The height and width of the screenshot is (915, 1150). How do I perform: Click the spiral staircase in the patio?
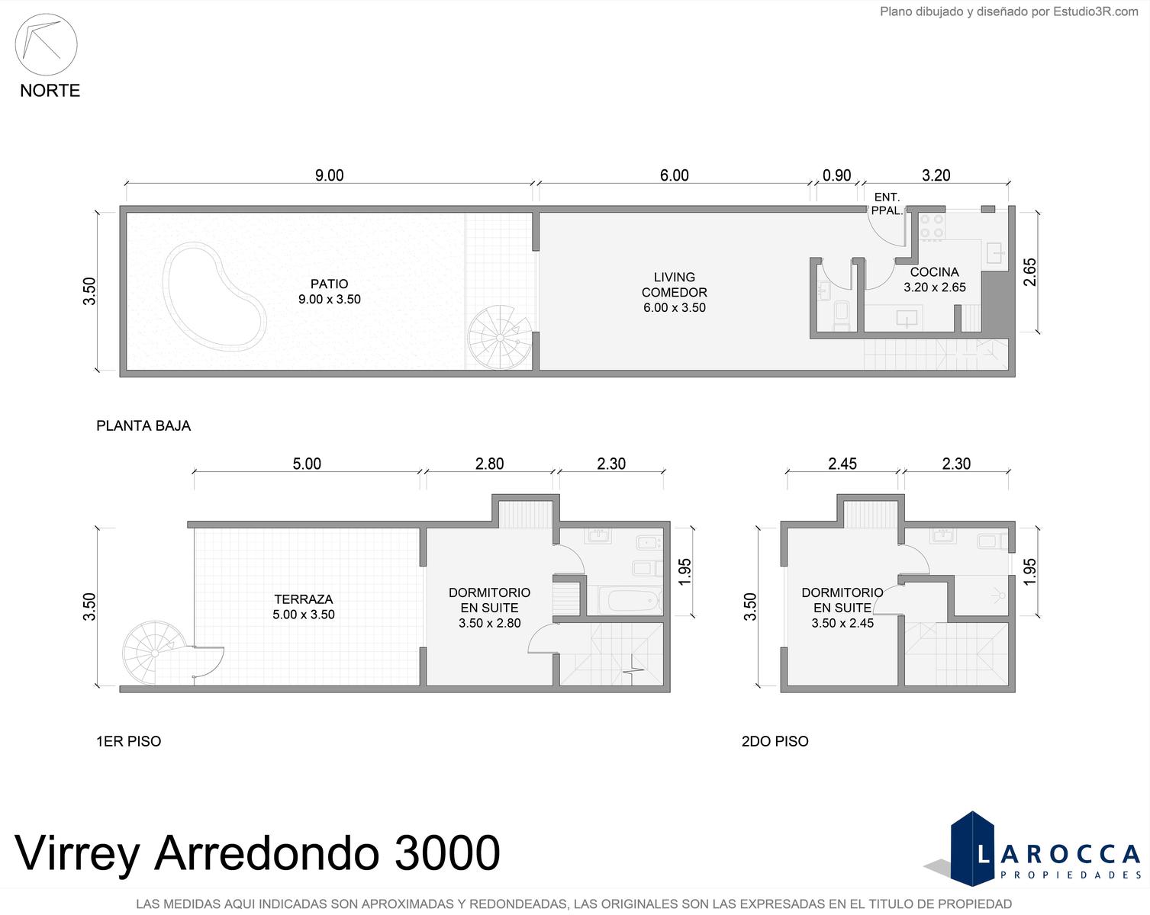point(500,337)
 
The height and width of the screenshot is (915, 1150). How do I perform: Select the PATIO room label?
point(329,284)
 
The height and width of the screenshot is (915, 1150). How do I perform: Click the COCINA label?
point(935,272)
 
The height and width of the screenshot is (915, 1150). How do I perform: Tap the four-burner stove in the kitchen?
point(933,226)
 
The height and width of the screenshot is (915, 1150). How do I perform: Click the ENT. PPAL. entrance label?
point(887,204)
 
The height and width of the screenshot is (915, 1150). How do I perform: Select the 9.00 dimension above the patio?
point(329,175)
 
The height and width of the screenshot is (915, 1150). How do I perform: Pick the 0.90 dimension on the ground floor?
point(837,175)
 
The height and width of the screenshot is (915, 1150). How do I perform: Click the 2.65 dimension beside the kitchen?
point(1029,272)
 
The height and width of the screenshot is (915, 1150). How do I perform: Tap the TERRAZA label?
point(304,599)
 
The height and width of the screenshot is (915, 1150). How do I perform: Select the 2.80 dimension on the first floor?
point(489,464)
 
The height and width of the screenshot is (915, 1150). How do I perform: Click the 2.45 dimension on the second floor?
point(842,464)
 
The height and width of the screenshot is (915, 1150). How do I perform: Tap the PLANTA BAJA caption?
point(143,425)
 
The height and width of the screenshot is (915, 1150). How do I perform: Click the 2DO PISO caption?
point(775,741)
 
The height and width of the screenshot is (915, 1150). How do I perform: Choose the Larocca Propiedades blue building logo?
point(972,849)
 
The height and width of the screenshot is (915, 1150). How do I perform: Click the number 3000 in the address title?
point(446,852)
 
